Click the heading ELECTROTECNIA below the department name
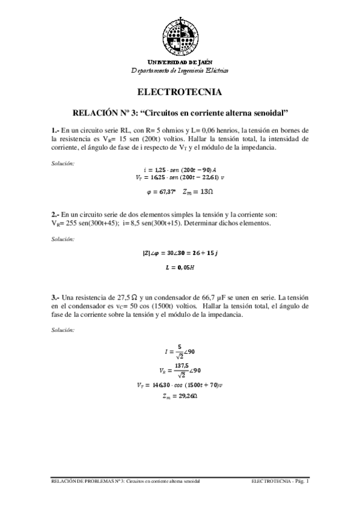pos(180,93)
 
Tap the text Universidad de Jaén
pos(180,63)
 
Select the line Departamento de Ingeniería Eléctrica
pos(180,70)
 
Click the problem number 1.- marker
pos(55,130)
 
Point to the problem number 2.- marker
pos(55,214)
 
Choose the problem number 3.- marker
pos(55,298)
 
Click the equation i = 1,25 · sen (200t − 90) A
pos(180,170)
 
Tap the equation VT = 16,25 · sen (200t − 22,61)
pos(180,177)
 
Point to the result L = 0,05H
pos(180,266)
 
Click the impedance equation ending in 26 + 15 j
pos(180,253)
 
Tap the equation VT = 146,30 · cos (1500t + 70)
pos(180,384)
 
